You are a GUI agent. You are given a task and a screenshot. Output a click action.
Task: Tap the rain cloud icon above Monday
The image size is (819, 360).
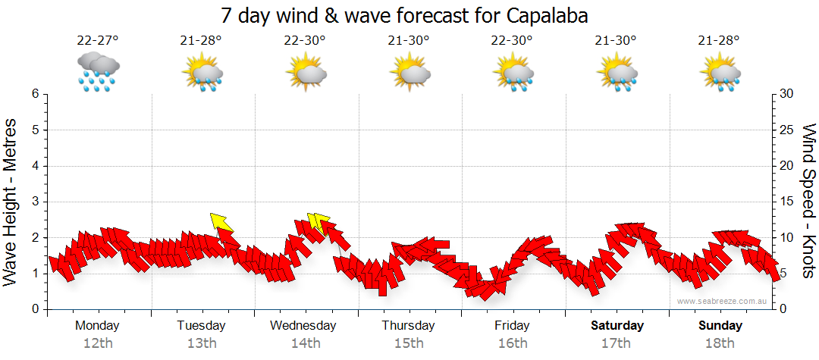[x=98, y=71]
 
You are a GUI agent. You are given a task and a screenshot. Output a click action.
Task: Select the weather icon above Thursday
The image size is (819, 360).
[x=409, y=71]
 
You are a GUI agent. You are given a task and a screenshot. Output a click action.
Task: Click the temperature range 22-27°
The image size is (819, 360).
[x=97, y=41]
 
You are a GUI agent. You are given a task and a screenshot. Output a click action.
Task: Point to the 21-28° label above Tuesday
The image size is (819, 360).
[x=201, y=41]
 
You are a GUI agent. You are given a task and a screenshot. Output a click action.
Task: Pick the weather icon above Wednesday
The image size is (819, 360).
[x=306, y=71]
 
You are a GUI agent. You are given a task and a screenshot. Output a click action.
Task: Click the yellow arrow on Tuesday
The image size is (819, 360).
[x=221, y=221]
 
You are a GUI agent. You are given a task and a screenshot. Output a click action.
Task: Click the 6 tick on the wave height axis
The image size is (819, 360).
[x=34, y=94]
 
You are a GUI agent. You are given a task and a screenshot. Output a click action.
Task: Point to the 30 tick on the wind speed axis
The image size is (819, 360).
[x=786, y=94]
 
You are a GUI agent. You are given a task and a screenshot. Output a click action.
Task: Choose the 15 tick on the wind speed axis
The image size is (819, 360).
[x=786, y=202]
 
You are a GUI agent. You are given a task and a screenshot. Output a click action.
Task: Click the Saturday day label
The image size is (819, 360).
[x=617, y=326]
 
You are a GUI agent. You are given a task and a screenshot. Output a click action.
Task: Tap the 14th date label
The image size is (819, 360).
[x=305, y=343]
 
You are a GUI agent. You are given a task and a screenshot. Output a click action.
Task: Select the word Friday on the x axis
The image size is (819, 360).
[x=513, y=326]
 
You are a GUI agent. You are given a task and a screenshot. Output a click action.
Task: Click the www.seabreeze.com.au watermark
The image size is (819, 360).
[x=723, y=301]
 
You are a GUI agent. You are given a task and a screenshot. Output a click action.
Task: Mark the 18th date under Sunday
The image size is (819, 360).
[x=720, y=343]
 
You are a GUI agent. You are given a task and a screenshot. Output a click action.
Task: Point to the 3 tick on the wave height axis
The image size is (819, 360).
[x=34, y=202]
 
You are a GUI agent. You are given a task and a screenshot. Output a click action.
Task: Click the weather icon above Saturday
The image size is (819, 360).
[x=617, y=71]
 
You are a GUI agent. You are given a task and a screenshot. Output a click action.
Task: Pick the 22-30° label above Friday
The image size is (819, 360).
[x=513, y=41]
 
